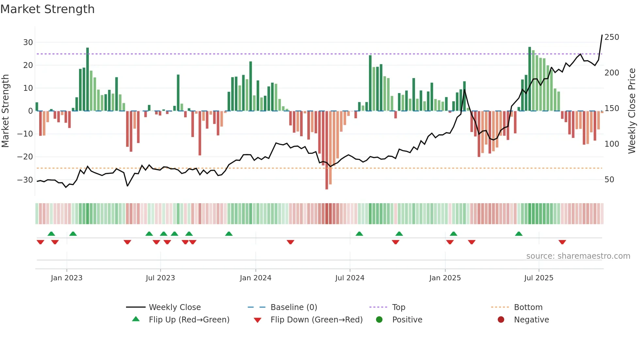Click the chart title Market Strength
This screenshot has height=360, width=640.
(47, 9)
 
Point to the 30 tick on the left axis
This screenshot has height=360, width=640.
(28, 42)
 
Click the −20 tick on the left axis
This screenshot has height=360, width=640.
(25, 157)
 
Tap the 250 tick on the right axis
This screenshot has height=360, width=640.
(612, 37)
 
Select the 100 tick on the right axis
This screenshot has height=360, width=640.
(612, 144)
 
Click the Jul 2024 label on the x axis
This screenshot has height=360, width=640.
(350, 278)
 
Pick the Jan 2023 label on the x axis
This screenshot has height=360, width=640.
(67, 278)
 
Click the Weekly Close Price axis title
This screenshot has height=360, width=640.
(632, 111)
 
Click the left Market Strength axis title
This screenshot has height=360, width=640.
(5, 111)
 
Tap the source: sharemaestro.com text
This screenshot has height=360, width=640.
(578, 256)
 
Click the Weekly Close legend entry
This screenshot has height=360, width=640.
(175, 307)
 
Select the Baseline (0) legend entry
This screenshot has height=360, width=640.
(294, 307)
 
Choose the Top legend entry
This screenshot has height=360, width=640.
(398, 307)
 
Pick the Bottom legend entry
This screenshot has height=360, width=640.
(528, 307)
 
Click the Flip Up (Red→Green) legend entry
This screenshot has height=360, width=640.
(189, 320)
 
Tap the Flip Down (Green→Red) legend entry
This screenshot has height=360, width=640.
(316, 320)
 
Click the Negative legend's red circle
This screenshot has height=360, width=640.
(501, 320)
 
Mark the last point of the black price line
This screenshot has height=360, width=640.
(602, 35)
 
